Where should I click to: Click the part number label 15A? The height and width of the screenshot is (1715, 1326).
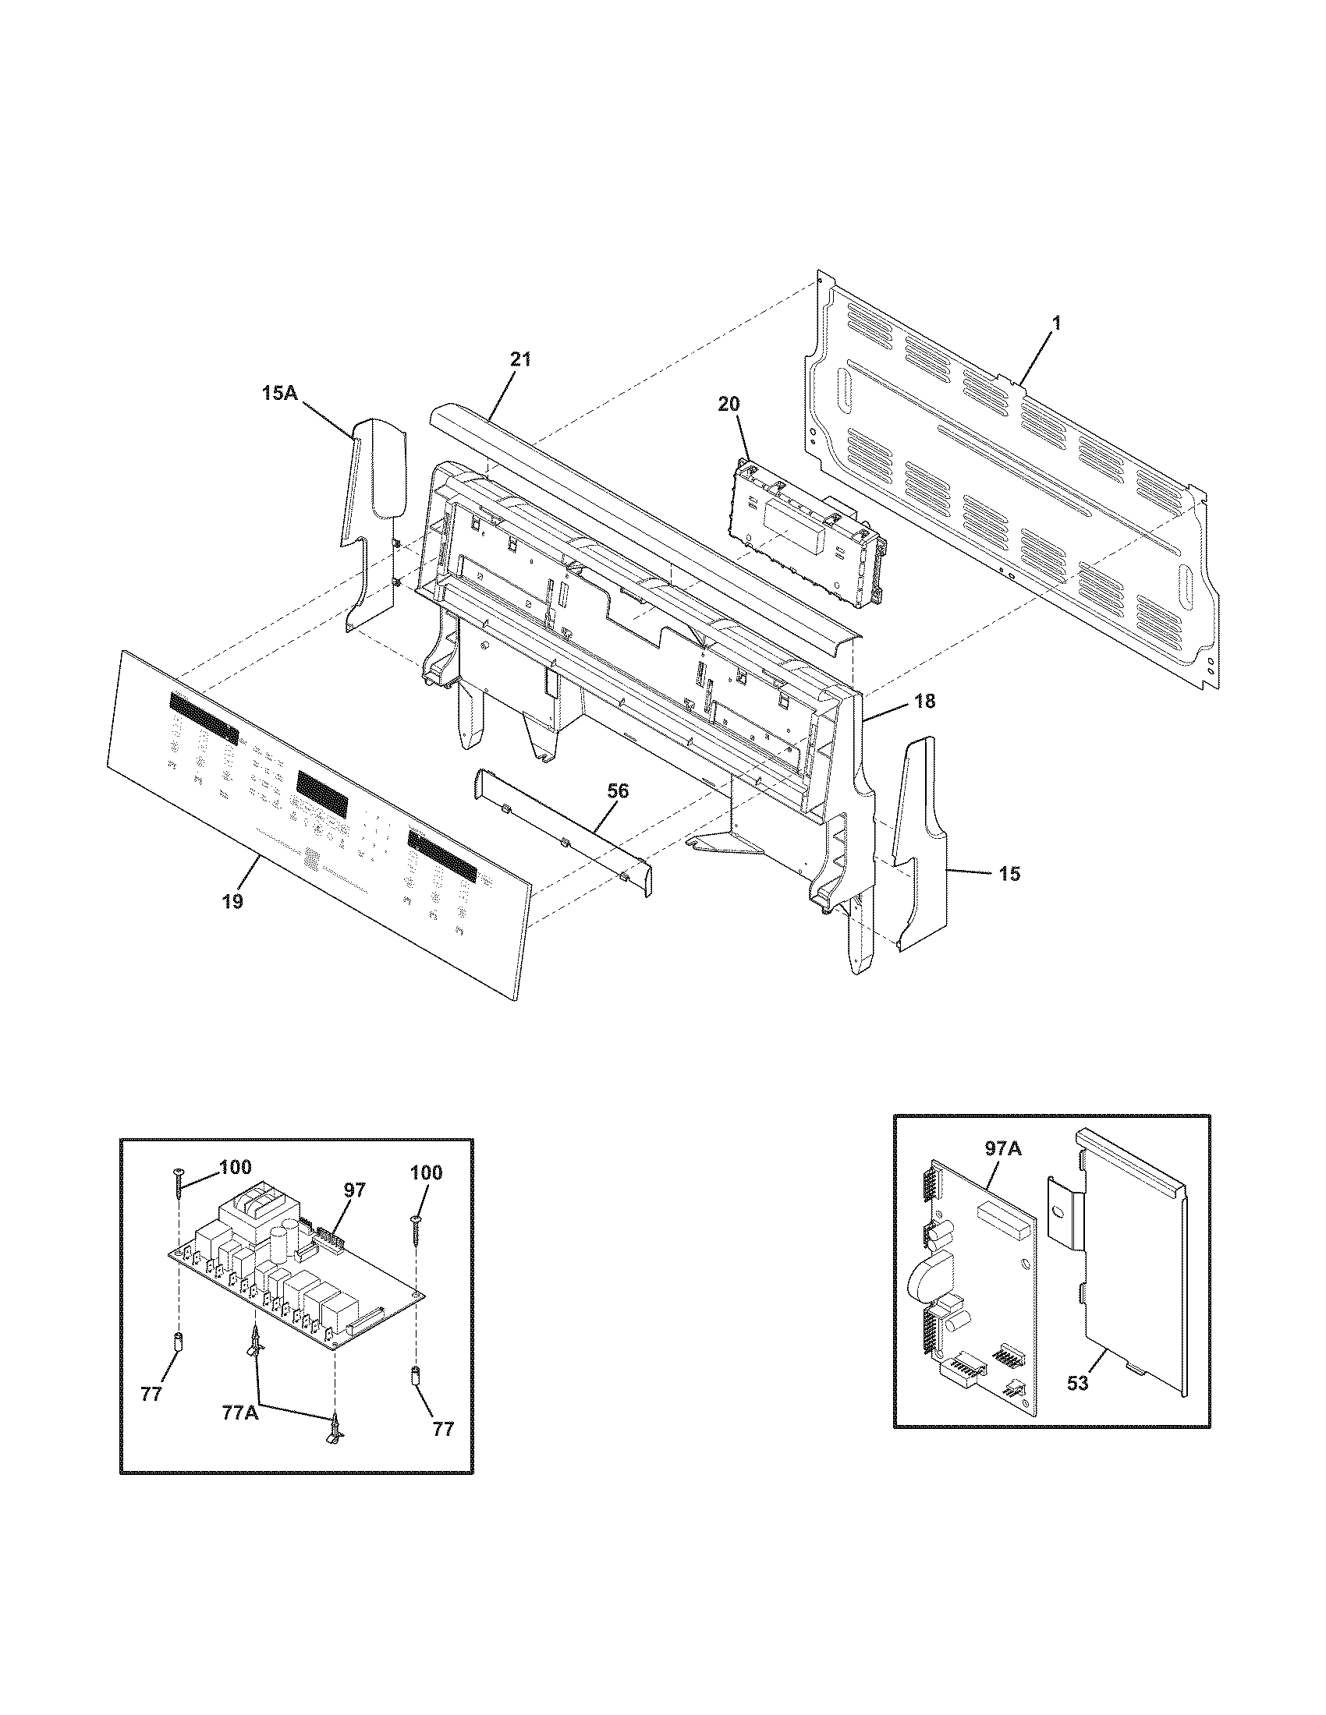[280, 393]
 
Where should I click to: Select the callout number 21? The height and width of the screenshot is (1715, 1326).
[520, 359]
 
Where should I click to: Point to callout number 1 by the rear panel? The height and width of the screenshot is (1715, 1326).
[1057, 322]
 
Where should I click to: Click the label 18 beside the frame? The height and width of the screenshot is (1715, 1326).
[925, 702]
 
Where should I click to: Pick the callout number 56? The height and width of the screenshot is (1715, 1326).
[618, 790]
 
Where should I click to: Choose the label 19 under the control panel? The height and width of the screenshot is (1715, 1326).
[232, 900]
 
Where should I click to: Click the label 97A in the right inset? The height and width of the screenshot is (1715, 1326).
[1002, 1149]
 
